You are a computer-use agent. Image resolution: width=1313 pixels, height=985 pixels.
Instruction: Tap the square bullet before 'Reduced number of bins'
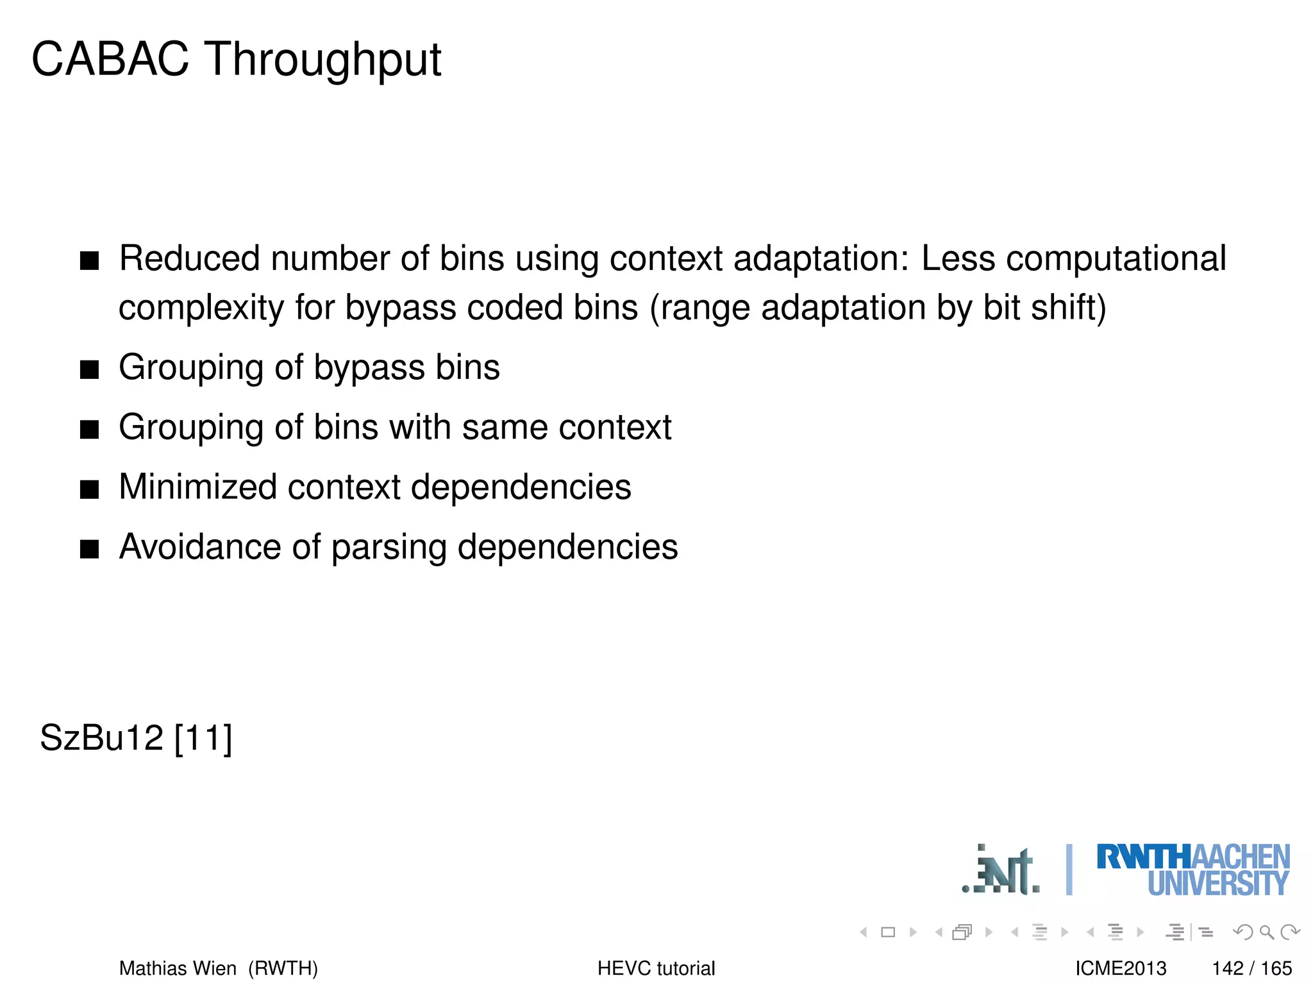tap(90, 260)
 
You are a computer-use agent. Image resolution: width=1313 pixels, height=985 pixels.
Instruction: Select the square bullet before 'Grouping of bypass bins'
tap(90, 369)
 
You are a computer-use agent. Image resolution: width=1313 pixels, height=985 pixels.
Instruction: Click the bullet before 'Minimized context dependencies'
tap(90, 489)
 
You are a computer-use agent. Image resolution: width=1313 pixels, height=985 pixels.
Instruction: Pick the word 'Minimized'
tap(197, 487)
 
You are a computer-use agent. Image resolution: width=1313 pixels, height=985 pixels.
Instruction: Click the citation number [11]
tap(203, 737)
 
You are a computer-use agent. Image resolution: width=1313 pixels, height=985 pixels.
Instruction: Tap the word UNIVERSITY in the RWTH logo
tap(1217, 884)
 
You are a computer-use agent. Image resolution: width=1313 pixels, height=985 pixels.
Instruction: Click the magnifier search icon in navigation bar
tap(1266, 932)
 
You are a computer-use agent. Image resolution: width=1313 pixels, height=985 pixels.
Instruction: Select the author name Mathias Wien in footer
tap(178, 968)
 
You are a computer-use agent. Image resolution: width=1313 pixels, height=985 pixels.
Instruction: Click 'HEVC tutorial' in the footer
tap(656, 968)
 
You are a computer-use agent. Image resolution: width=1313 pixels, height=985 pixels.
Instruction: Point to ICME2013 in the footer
tap(1121, 968)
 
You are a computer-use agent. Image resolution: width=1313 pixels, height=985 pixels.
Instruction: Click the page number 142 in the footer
tap(1228, 968)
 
